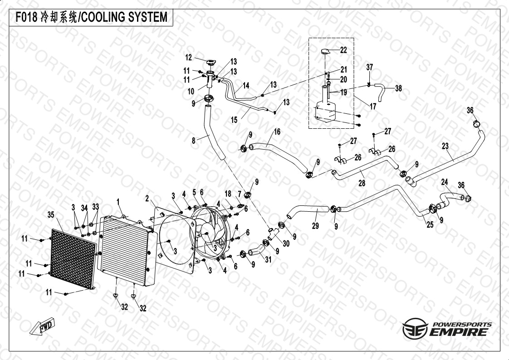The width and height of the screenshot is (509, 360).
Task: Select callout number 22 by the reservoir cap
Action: pyautogui.click(x=343, y=50)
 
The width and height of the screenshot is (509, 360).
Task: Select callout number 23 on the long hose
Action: pyautogui.click(x=445, y=146)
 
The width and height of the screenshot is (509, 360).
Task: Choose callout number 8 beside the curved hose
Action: pyautogui.click(x=194, y=141)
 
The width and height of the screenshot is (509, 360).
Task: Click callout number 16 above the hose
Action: pyautogui.click(x=277, y=132)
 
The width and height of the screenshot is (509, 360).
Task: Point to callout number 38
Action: pyautogui.click(x=398, y=88)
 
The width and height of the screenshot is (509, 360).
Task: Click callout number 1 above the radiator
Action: pyautogui.click(x=117, y=200)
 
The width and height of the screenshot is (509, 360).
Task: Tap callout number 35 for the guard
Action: pyautogui.click(x=51, y=214)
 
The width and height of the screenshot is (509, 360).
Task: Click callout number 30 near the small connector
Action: pyautogui.click(x=286, y=243)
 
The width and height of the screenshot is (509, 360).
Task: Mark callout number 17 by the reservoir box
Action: pyautogui.click(x=373, y=107)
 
